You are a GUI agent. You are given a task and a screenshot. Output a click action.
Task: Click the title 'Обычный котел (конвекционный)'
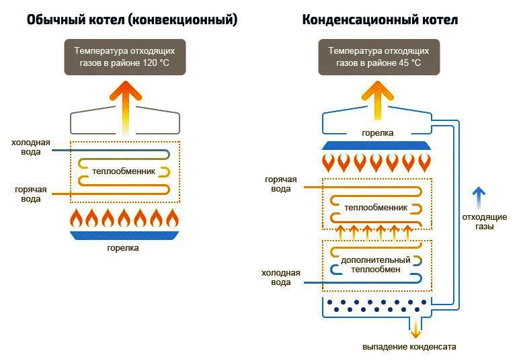[132, 20]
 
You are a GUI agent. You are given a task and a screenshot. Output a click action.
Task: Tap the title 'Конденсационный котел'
[380, 20]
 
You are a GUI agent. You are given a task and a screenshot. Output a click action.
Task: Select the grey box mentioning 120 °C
[125, 56]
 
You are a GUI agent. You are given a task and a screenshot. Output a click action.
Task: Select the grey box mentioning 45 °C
[378, 56]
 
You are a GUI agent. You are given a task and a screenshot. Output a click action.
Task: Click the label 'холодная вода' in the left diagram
[30, 147]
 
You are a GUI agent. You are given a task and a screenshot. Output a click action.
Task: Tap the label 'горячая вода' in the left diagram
[31, 194]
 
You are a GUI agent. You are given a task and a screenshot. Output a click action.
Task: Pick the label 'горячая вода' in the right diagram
[278, 185]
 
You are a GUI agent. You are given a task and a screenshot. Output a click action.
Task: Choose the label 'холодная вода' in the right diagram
[277, 278]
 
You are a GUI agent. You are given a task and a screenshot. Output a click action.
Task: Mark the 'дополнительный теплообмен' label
[376, 265]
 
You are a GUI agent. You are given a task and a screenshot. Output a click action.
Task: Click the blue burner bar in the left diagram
[125, 235]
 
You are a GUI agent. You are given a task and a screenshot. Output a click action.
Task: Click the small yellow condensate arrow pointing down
[415, 329]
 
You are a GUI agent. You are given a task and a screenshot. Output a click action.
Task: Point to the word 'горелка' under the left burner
[125, 248]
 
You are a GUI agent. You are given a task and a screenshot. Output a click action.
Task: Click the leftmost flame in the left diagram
[76, 218]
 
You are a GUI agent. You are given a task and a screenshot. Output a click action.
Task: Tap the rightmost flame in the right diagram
[424, 162]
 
